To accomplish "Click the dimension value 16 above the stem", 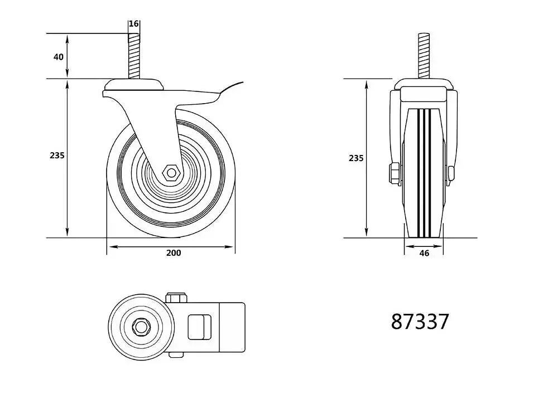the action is pyautogui.click(x=133, y=24).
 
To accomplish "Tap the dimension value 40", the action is pyautogui.click(x=59, y=57).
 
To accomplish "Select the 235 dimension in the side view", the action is pyautogui.click(x=57, y=155).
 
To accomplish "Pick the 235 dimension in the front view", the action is pyautogui.click(x=356, y=158).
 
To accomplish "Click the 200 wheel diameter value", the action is pyautogui.click(x=174, y=252).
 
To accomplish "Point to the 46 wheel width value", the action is pyautogui.click(x=424, y=254).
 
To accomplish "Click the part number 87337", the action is pyautogui.click(x=420, y=322).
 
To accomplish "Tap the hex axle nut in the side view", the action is pyautogui.click(x=171, y=173).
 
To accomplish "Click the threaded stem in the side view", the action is pyautogui.click(x=134, y=56).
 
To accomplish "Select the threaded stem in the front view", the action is pyautogui.click(x=424, y=56).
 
